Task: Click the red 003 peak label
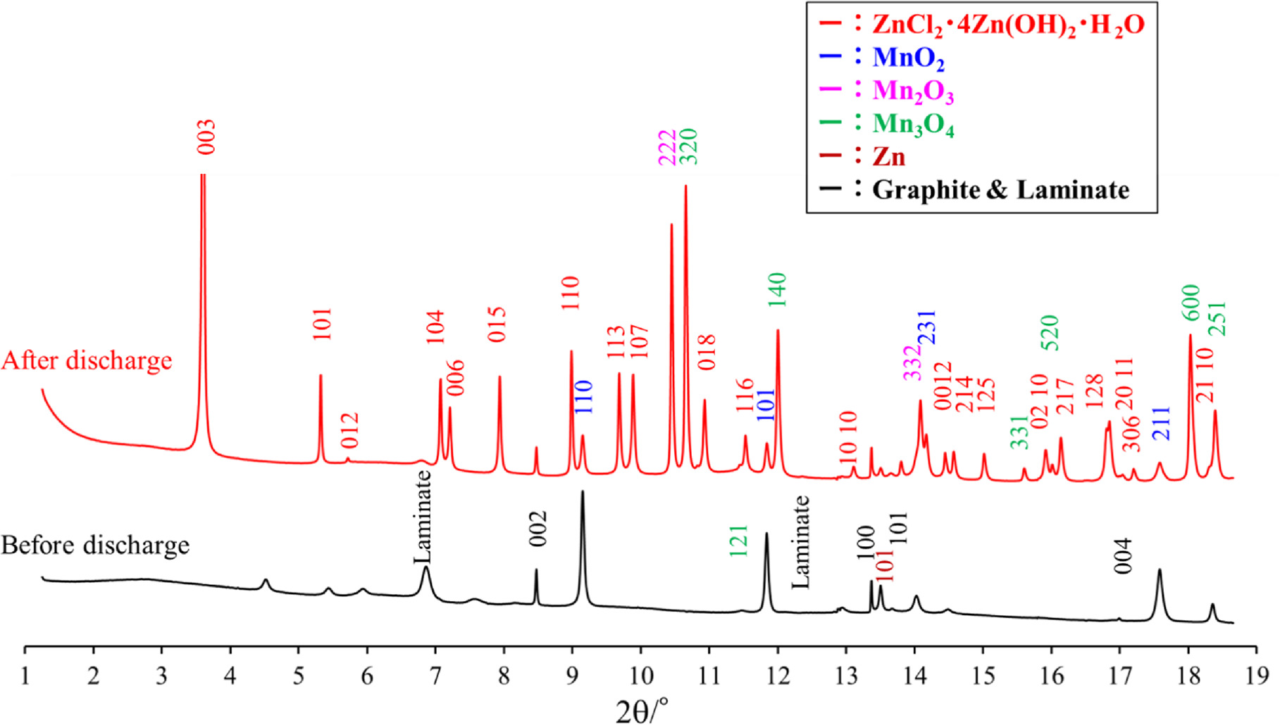(206, 137)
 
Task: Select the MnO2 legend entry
(908, 58)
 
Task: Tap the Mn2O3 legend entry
(913, 91)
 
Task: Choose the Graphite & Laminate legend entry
(1000, 190)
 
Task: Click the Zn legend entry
(888, 156)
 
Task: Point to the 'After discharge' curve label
(87, 360)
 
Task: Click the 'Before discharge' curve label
(95, 546)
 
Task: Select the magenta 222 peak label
(666, 148)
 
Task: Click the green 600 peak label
(1190, 302)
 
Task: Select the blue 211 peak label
(1160, 424)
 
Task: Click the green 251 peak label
(1217, 319)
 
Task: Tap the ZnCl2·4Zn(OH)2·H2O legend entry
(1007, 25)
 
